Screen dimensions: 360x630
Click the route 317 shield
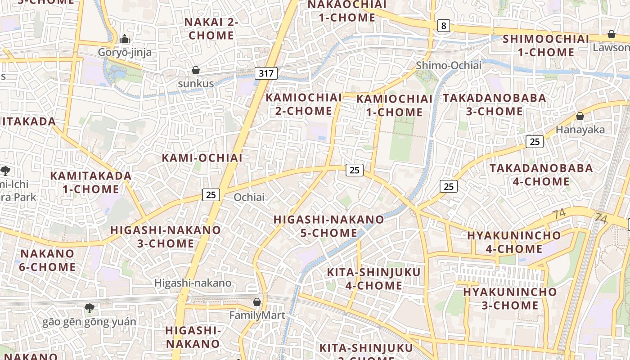[266, 73]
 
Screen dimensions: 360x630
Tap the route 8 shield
[444, 26]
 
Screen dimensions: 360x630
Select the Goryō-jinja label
[125, 52]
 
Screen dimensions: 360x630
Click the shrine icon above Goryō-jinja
[125, 39]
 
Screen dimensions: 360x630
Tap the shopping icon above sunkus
[196, 70]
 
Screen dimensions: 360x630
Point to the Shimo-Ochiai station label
[449, 65]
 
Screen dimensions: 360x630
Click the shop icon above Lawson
[612, 34]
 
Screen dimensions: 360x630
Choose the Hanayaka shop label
[580, 130]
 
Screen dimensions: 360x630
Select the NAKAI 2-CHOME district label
[211, 28]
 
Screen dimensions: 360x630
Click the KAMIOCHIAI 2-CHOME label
[304, 104]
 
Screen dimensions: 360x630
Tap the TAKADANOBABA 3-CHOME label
[495, 104]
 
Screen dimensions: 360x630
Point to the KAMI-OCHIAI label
[202, 158]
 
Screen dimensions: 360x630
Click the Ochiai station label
[249, 197]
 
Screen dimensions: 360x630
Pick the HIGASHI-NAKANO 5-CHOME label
[329, 226]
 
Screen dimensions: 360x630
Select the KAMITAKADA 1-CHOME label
[91, 182]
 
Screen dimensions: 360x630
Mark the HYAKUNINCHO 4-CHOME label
[514, 242]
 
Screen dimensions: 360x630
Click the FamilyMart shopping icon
[257, 302]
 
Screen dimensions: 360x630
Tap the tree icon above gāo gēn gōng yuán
[90, 308]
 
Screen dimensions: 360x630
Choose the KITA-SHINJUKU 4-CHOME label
[373, 279]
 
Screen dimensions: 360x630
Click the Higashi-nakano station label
[193, 283]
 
